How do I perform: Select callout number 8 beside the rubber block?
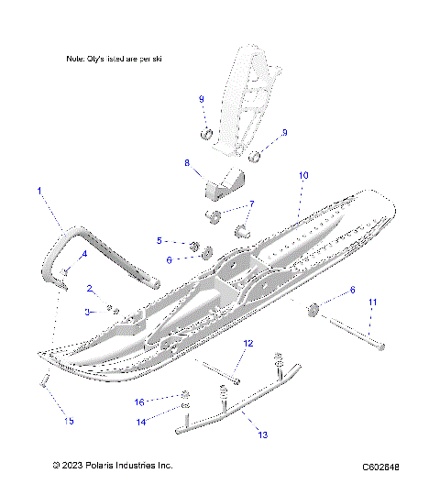point(187,163)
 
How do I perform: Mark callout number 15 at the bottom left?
point(69,421)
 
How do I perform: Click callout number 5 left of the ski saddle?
point(159,240)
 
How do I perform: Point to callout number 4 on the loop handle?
point(84,254)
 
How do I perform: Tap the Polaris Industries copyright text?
point(113,466)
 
